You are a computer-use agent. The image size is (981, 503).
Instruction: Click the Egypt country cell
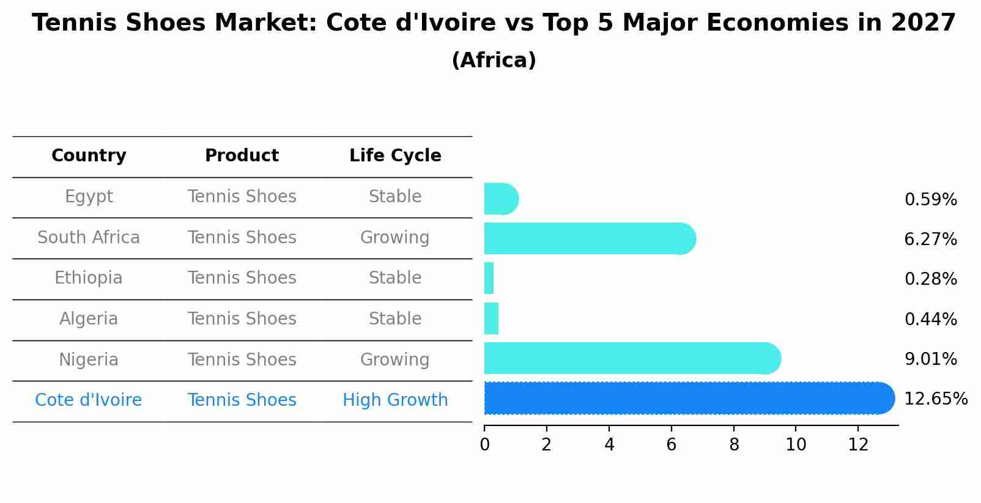89,197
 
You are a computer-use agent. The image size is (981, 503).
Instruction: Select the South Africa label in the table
89,238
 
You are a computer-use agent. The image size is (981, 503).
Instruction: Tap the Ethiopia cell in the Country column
89,278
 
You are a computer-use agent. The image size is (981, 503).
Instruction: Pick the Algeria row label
89,319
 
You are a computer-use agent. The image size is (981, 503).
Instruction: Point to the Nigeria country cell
89,360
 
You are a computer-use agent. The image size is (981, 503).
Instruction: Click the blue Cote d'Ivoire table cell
89,400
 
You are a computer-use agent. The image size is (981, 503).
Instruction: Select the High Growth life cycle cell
395,400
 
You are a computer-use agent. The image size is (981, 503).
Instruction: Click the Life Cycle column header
395,156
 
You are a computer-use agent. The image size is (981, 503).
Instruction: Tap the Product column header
242,156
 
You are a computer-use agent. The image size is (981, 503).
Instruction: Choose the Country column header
89,156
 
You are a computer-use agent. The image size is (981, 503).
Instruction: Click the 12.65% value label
936,399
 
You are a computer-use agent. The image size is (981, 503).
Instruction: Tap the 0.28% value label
930,279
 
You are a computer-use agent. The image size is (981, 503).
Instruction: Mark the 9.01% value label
930,359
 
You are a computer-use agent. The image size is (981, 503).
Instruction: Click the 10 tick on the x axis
796,445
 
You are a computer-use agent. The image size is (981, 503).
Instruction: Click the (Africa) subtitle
494,61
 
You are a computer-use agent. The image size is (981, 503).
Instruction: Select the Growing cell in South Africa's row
395,238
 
